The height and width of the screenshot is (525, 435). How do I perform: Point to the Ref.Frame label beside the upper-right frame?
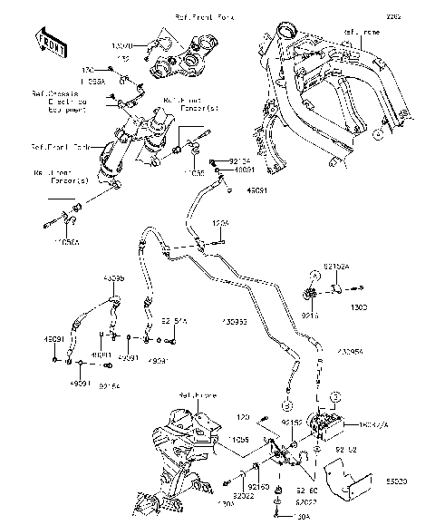pos(361,32)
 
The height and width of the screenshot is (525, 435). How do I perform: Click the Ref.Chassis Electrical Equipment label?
pos(55,102)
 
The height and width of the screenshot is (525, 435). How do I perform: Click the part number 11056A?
pos(66,243)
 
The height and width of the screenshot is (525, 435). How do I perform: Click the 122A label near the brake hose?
pos(221,221)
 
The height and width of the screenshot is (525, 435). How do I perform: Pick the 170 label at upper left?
pos(89,70)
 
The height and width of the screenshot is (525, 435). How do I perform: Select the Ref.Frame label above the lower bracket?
pos(196,395)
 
